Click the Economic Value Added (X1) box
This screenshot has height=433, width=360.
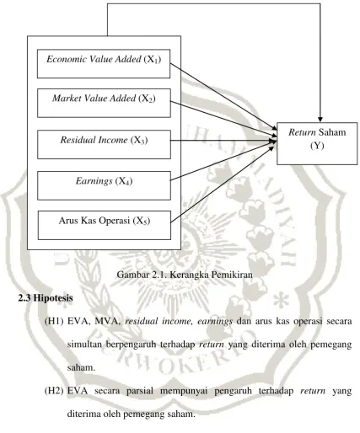tap(104, 64)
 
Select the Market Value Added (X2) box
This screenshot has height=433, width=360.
tap(104, 103)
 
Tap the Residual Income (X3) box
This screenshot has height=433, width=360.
tap(104, 144)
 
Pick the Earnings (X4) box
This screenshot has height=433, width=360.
tap(104, 185)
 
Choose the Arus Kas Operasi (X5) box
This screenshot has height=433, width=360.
tap(104, 226)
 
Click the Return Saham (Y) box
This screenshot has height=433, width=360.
tap(317, 143)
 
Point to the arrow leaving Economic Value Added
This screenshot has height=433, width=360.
tap(223, 97)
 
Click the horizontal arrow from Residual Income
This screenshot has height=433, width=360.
tap(223, 141)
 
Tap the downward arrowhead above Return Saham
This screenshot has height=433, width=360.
tap(320, 120)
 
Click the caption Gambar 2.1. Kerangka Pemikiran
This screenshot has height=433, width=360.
tap(185, 275)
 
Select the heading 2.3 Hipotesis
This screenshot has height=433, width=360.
tap(46, 298)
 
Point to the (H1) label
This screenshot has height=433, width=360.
tap(54, 321)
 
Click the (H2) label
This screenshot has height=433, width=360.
tap(54, 391)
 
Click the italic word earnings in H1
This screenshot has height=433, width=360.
tap(215, 321)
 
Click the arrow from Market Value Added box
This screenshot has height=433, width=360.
tap(223, 119)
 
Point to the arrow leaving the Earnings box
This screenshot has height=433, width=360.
tap(223, 161)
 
